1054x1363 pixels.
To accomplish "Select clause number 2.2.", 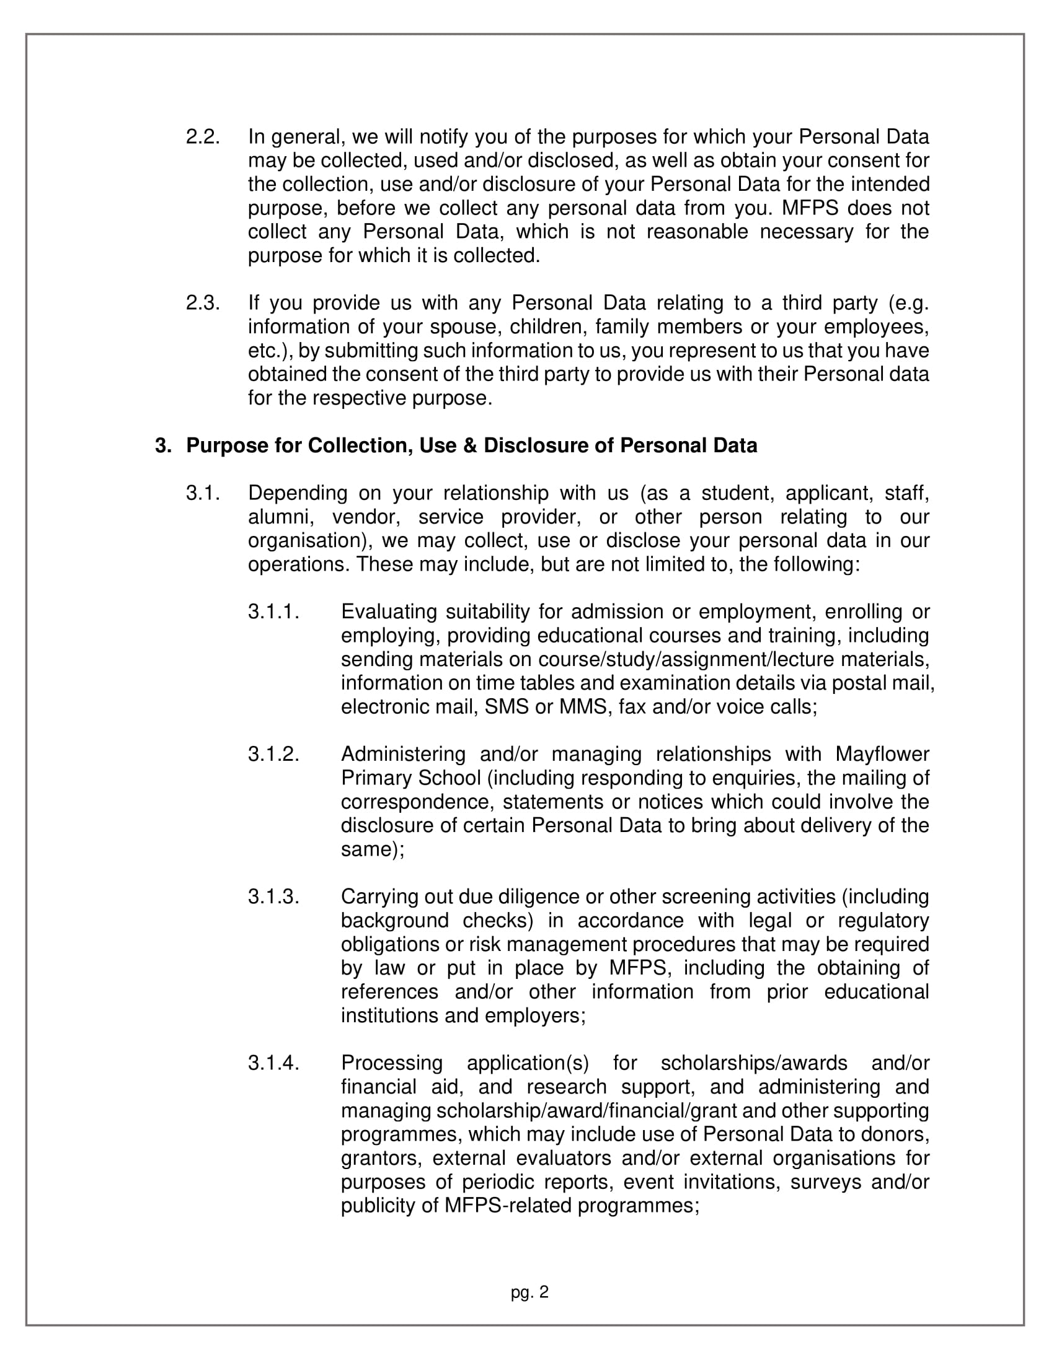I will (x=202, y=137).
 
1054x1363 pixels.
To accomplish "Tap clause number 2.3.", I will (x=202, y=303).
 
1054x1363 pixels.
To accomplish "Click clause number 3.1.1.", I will (x=273, y=611).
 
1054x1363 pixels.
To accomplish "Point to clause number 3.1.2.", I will (x=273, y=754).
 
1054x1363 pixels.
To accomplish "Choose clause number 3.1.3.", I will (x=273, y=897).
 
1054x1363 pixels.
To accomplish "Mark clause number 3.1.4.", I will (x=273, y=1063).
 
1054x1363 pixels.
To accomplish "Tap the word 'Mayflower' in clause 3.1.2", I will (x=882, y=754).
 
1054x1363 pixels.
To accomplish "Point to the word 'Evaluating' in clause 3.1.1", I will (x=388, y=611).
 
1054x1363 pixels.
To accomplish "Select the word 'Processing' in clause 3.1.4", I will (x=391, y=1063).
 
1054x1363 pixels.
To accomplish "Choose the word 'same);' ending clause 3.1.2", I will (x=372, y=849).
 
